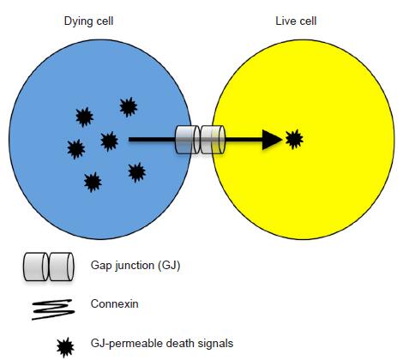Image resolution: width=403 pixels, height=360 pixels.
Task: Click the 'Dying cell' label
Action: click(88, 21)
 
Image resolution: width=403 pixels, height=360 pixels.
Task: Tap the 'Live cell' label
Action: click(296, 21)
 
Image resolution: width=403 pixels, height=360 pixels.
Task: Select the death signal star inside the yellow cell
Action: click(294, 139)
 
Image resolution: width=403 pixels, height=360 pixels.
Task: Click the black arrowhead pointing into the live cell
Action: click(272, 140)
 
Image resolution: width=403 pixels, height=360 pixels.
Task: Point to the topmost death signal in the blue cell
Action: click(129, 107)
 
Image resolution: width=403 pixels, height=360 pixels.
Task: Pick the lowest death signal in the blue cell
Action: click(93, 182)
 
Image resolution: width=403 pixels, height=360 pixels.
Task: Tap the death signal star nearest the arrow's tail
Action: click(109, 141)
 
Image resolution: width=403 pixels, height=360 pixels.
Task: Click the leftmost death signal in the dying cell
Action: click(76, 149)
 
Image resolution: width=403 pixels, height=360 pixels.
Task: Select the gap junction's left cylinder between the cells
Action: click(188, 140)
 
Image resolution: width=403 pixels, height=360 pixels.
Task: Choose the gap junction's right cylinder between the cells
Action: click(213, 140)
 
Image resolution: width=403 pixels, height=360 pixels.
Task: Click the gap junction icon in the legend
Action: click(48, 267)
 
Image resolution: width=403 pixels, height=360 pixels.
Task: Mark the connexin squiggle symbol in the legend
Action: click(53, 309)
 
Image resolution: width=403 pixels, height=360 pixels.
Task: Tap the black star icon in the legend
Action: click(65, 347)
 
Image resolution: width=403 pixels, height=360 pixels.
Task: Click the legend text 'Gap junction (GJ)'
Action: click(135, 266)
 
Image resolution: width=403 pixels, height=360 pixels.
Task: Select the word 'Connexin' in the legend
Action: click(114, 303)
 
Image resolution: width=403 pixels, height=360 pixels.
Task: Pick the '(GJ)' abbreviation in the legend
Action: click(169, 266)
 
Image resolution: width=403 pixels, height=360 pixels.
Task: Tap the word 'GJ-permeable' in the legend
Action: click(127, 344)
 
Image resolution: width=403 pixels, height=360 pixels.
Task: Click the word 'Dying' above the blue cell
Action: click(75, 22)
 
